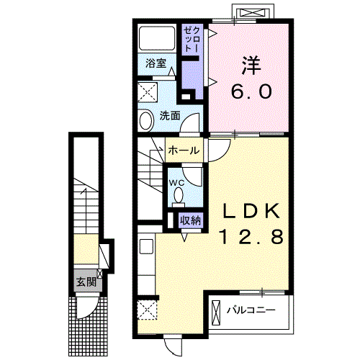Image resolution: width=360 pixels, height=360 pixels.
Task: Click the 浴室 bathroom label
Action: pos(156,63)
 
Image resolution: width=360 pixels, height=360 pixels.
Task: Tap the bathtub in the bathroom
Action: pos(157,37)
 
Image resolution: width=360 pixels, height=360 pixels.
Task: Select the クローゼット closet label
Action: pos(192,40)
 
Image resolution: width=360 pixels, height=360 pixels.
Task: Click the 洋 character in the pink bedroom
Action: pos(251,66)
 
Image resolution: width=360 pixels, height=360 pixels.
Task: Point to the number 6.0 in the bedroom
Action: pos(252,91)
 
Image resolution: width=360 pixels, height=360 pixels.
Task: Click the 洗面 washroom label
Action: pos(170,116)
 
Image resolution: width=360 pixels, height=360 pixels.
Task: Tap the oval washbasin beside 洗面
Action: pos(146,120)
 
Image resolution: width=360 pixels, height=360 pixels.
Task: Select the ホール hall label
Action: pos(184,150)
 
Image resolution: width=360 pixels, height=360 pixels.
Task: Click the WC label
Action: pos(177,183)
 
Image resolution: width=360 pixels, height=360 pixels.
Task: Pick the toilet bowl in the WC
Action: pos(179,196)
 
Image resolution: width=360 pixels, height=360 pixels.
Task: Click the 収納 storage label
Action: pos(191,220)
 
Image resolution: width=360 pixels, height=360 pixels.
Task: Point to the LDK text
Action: pos(251,211)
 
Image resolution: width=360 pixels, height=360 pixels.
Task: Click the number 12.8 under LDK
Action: pos(252,236)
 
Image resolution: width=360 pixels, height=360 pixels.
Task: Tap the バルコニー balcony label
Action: pos(251,310)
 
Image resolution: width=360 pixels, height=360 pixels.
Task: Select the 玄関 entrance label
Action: pos(86,282)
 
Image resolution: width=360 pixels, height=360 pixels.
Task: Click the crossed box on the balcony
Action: pos(216,312)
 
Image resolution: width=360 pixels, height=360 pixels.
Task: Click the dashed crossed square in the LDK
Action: pos(147,310)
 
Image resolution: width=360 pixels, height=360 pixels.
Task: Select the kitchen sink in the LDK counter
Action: pos(146,246)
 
